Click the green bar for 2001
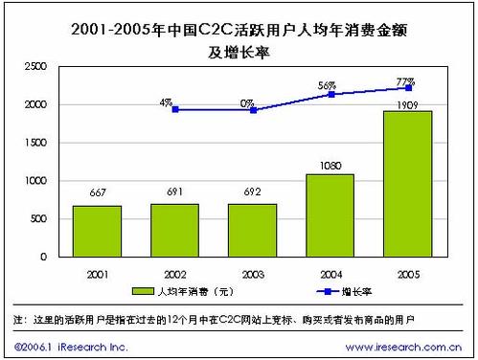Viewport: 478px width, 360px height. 97,231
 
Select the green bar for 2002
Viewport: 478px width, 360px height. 174,230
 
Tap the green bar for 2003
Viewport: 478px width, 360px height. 252,230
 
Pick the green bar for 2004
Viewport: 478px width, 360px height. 330,215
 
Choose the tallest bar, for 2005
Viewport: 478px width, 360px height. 407,184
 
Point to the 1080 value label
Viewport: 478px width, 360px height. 330,167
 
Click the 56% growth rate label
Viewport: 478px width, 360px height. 330,83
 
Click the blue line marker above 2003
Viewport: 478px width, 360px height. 253,110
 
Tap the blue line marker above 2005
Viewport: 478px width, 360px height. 408,87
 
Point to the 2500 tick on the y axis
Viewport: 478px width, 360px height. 35,66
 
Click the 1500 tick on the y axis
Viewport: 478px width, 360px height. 35,143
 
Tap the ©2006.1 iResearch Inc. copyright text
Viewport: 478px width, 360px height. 72,346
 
